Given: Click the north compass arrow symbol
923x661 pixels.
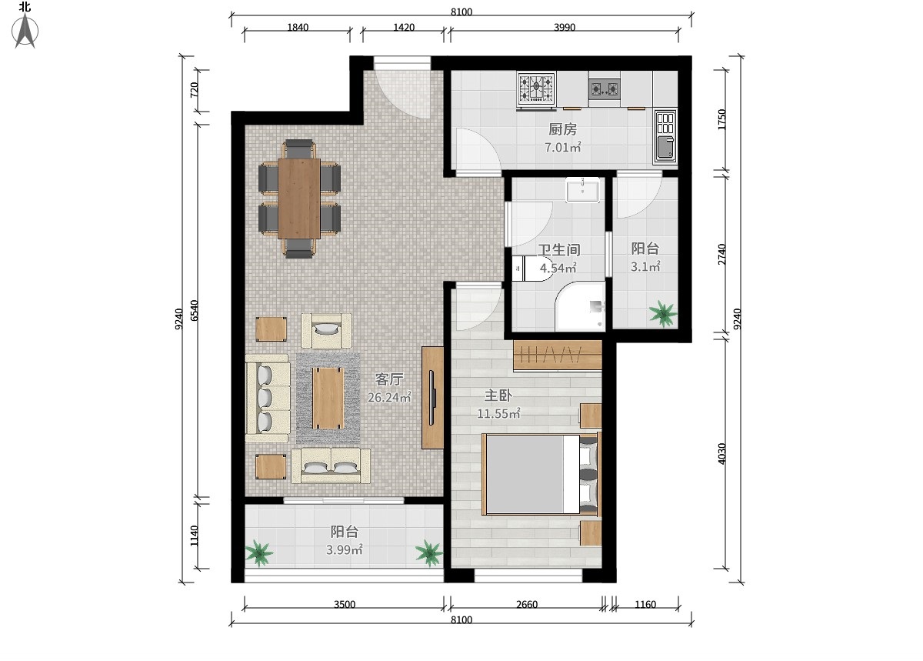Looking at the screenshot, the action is (x=25, y=31).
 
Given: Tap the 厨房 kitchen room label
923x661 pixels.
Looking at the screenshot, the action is (x=562, y=129).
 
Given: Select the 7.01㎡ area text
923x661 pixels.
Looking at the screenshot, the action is (x=563, y=147).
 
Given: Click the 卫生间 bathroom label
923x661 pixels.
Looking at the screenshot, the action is (x=559, y=250).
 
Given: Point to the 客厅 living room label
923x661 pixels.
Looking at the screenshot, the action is (x=388, y=379).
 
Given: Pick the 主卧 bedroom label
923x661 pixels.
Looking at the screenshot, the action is (x=498, y=396).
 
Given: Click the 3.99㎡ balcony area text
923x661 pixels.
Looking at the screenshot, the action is (x=345, y=549).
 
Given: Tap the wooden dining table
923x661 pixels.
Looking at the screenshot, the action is (x=299, y=199).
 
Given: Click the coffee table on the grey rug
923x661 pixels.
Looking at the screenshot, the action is (x=328, y=399).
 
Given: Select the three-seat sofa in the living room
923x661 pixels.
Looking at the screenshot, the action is (x=267, y=399).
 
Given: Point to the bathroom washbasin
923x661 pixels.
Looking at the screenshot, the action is (x=583, y=190).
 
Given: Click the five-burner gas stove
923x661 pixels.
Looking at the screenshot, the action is (x=537, y=88).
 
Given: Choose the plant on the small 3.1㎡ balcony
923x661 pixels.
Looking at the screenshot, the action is (x=663, y=313).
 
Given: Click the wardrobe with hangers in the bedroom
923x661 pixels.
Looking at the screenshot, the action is (x=558, y=356).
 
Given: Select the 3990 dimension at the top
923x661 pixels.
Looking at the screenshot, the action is (x=564, y=27).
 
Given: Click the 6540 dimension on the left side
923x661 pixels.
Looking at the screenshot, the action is (x=195, y=311).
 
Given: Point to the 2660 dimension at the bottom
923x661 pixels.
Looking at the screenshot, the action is (x=527, y=605).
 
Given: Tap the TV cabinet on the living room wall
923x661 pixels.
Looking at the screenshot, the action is (x=432, y=398).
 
